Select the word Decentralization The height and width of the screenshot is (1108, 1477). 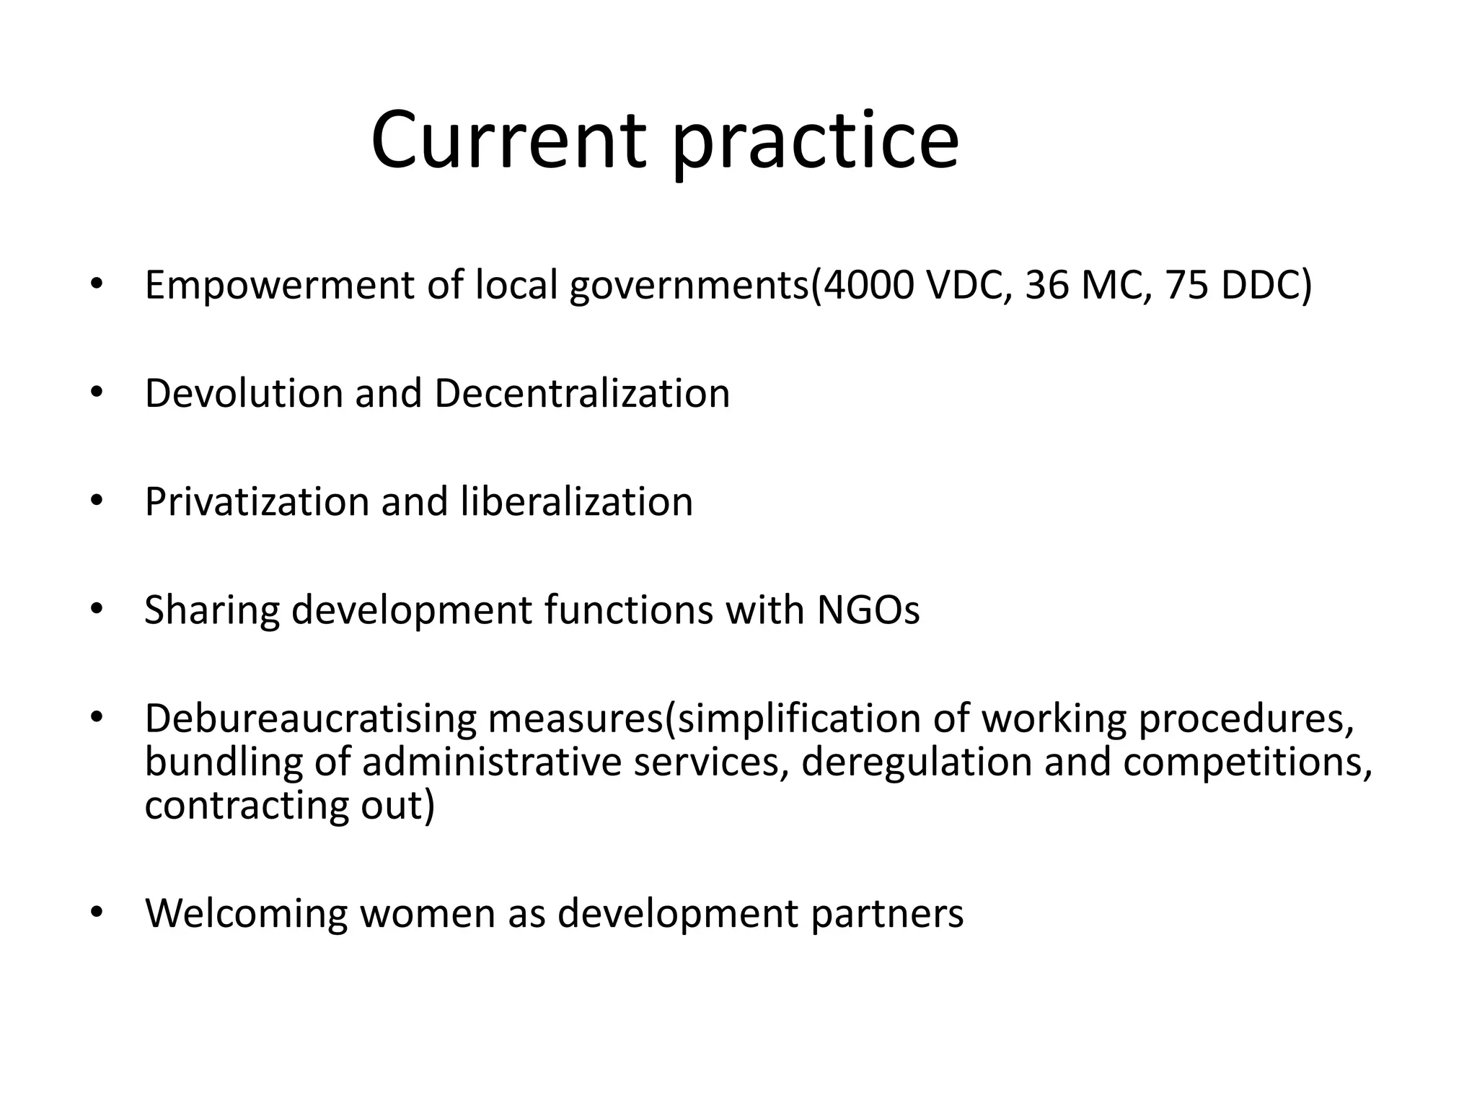(x=582, y=394)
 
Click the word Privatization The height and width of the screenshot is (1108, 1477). (x=257, y=502)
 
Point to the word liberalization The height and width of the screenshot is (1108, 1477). (x=576, y=502)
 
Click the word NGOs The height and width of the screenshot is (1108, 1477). (x=868, y=610)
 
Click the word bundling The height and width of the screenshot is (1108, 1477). (x=224, y=763)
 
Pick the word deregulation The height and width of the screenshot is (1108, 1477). (x=916, y=763)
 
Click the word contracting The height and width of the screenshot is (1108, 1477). (x=246, y=806)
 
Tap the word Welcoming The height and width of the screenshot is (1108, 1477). (x=246, y=914)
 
